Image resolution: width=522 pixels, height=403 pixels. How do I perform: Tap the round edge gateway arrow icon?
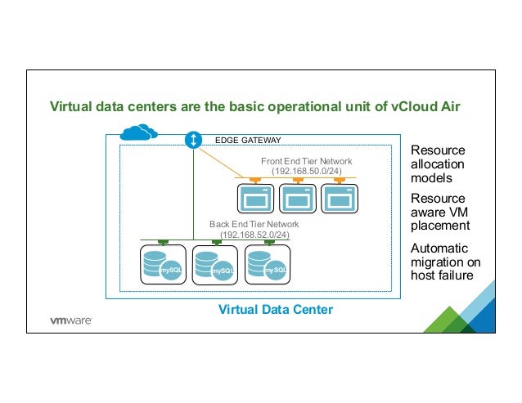[x=193, y=140]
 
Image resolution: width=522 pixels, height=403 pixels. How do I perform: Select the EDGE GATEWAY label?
[x=247, y=141]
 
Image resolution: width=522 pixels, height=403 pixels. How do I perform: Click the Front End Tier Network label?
[x=306, y=161]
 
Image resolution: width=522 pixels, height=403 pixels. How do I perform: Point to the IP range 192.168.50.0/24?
[x=306, y=172]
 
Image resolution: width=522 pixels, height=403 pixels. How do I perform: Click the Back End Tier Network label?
[x=254, y=224]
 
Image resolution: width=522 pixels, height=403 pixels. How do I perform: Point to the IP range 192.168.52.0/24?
[x=254, y=235]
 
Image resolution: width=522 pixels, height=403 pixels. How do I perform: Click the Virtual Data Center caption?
[x=274, y=311]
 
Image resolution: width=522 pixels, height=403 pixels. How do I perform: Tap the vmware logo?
[x=72, y=320]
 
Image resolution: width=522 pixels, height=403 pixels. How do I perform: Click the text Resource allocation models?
[x=438, y=164]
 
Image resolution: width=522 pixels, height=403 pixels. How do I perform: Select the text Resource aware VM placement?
[x=439, y=212]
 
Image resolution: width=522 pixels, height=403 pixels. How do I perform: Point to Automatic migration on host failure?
[x=445, y=261]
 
